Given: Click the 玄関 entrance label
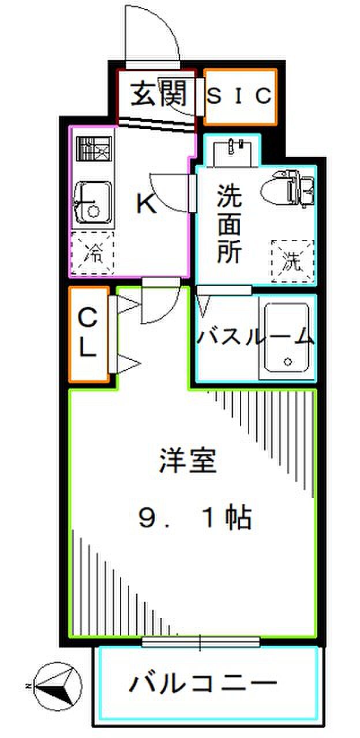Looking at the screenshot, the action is pyautogui.click(x=159, y=95).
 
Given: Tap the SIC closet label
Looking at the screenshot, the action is pyautogui.click(x=239, y=96).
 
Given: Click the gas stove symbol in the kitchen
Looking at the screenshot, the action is pyautogui.click(x=94, y=149).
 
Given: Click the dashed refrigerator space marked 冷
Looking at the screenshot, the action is pyautogui.click(x=93, y=253).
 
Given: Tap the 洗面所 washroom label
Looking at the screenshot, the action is pyautogui.click(x=230, y=224).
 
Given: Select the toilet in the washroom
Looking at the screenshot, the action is pyautogui.click(x=287, y=188).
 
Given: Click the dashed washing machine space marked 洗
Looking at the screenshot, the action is pyautogui.click(x=292, y=261).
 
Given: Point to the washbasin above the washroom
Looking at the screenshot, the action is pyautogui.click(x=232, y=154).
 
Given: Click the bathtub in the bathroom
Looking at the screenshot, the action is pyautogui.click(x=287, y=338).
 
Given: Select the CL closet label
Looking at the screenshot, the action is pyautogui.click(x=88, y=333).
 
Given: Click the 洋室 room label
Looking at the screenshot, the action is pyautogui.click(x=187, y=460).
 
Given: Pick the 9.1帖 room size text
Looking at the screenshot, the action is pyautogui.click(x=196, y=518).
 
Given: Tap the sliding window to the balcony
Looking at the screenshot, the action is pyautogui.click(x=201, y=641).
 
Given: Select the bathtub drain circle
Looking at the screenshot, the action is pyautogui.click(x=288, y=362).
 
